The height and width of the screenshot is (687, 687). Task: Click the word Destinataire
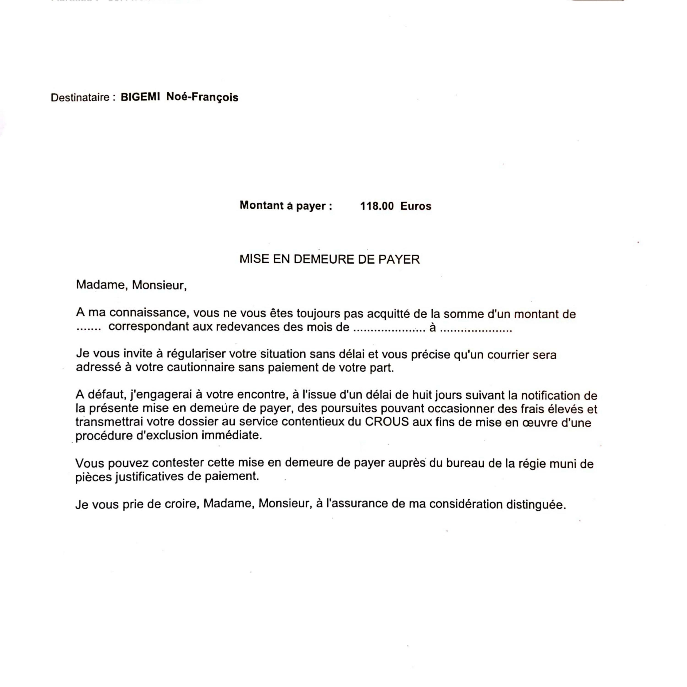click(x=80, y=97)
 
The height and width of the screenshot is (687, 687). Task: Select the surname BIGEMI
click(x=140, y=97)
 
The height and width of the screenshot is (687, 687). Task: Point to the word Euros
click(x=415, y=206)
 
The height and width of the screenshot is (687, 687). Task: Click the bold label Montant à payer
click(x=286, y=206)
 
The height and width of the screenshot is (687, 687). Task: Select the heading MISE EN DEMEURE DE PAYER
click(x=329, y=259)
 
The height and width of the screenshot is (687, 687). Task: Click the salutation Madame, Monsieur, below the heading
click(x=131, y=285)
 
